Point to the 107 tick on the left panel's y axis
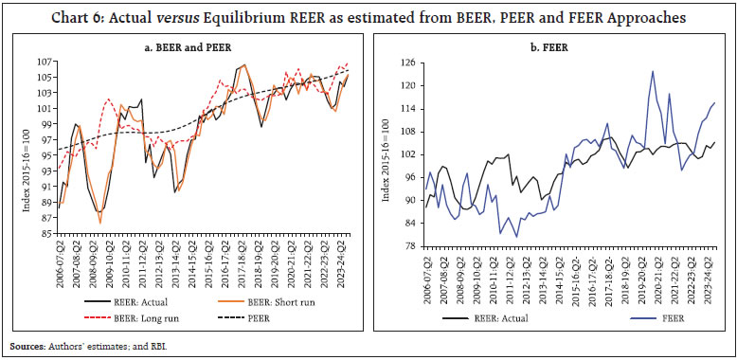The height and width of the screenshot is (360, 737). coord(45,63)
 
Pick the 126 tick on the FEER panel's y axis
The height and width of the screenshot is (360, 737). coord(410,63)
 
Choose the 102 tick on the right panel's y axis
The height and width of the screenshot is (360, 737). coord(410,154)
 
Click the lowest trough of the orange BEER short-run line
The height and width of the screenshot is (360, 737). coord(100,224)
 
